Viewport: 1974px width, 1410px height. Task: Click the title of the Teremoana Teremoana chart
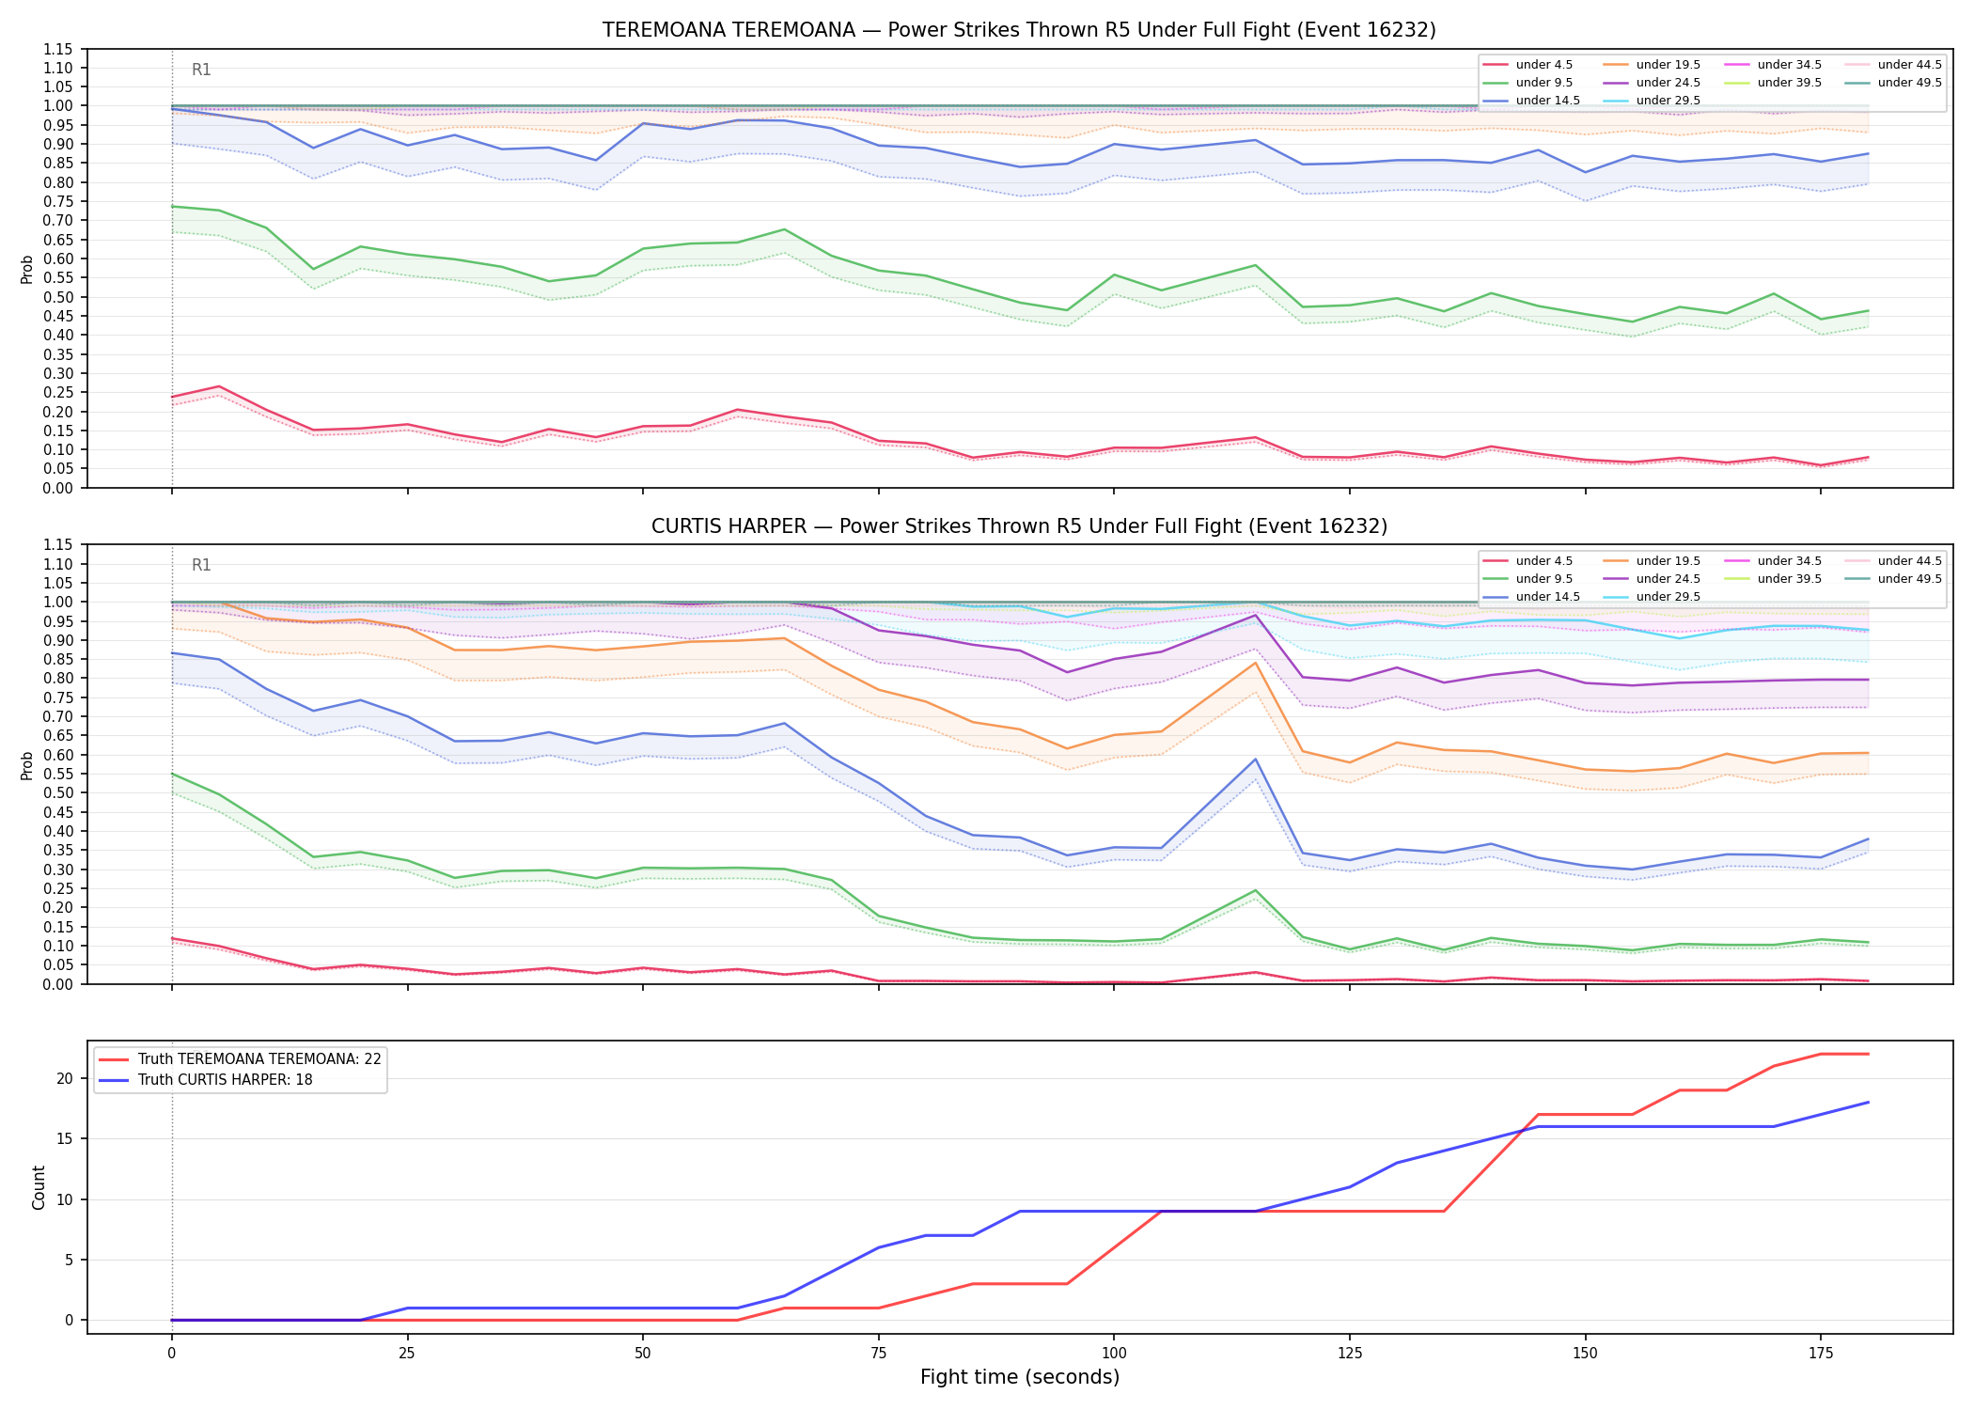[x=1019, y=30]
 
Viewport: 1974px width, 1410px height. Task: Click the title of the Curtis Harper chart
[x=1019, y=526]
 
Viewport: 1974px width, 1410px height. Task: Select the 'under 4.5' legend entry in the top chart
[x=1527, y=65]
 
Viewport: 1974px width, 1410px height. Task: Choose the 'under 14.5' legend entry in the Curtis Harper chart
[x=1531, y=597]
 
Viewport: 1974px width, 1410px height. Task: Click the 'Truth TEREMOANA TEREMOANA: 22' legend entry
[x=240, y=1059]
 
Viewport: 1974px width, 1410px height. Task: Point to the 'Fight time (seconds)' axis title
[x=1020, y=1377]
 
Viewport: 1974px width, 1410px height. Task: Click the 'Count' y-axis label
[x=39, y=1187]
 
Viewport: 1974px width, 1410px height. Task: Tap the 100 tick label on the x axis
[x=1113, y=1354]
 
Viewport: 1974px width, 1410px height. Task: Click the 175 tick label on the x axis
[x=1821, y=1354]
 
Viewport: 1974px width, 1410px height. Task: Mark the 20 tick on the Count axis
[x=65, y=1078]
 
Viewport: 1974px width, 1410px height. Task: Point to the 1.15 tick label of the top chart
[x=58, y=49]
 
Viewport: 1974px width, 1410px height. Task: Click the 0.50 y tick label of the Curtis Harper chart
[x=58, y=792]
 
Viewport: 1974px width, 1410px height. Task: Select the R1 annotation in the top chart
[x=201, y=70]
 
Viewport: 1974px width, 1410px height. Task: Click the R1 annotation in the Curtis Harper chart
[x=201, y=565]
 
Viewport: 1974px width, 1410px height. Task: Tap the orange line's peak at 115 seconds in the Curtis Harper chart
[x=1255, y=663]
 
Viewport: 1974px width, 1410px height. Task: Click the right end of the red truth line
[x=1868, y=1054]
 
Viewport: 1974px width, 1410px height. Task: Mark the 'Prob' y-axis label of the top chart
[x=27, y=269]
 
